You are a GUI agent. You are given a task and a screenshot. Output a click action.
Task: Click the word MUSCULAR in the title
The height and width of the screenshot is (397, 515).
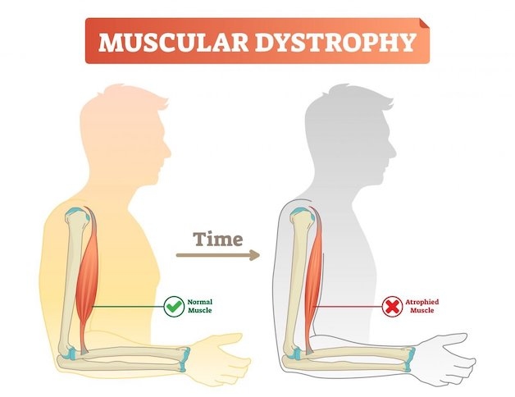tap(173, 43)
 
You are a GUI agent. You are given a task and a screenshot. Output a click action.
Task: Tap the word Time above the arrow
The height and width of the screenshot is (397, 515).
tap(218, 240)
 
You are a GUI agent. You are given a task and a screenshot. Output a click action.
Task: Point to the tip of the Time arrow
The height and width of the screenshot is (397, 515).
tap(259, 255)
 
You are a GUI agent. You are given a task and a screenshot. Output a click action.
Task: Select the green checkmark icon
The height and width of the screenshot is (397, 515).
tap(174, 307)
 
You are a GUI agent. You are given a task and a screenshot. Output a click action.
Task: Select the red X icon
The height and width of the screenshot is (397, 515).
tap(392, 307)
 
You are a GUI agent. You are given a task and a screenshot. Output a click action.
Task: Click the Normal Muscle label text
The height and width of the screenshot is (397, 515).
tap(200, 306)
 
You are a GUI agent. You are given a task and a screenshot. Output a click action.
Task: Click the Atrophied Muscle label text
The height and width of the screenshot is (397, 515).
tap(422, 306)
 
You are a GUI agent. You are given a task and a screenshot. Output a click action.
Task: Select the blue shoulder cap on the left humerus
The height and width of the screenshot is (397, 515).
tap(78, 212)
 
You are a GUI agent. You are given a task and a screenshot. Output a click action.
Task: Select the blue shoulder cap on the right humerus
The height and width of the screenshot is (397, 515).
tap(302, 212)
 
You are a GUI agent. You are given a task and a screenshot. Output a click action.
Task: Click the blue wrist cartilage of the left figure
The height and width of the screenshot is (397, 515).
tap(185, 359)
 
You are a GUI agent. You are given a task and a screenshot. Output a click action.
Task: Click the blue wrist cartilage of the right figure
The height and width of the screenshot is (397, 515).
tap(409, 359)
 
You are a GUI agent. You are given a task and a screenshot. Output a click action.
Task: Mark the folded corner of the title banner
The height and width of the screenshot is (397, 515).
tap(424, 23)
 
